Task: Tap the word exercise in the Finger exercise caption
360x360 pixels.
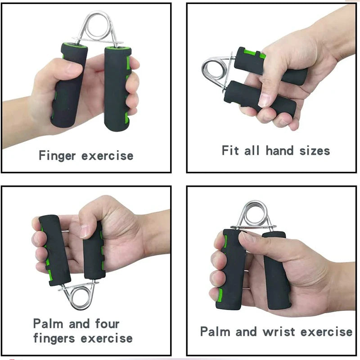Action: coord(108,156)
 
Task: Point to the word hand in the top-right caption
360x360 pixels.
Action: coord(279,150)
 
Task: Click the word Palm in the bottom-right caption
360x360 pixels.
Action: coord(215,332)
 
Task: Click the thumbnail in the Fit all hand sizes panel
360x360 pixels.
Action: coord(265,100)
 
